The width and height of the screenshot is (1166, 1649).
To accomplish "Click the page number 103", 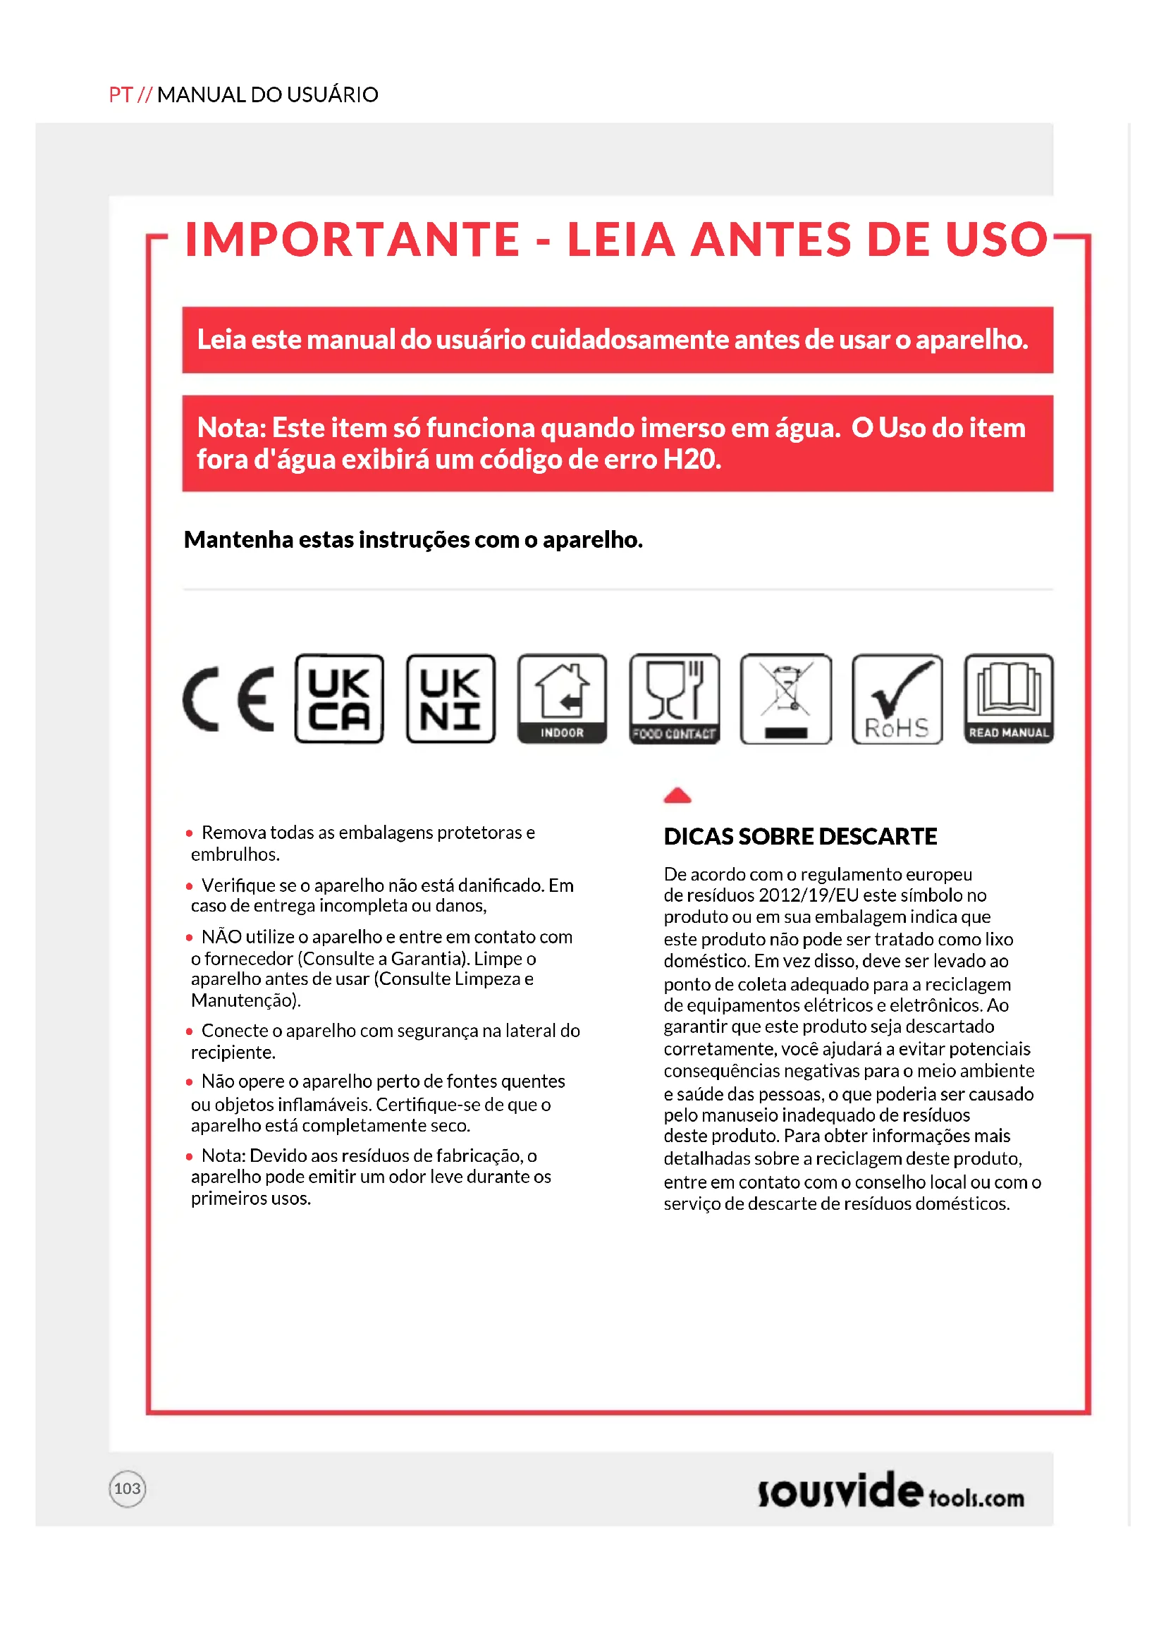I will click(127, 1488).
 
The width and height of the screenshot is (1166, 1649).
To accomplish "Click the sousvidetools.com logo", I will click(890, 1491).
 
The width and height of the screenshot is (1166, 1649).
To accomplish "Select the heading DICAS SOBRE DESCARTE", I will click(800, 836).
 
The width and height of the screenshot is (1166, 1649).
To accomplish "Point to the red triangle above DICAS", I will click(677, 795).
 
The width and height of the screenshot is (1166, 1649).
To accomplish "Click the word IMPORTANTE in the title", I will click(352, 239).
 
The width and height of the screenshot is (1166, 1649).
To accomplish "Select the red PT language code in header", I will click(121, 94).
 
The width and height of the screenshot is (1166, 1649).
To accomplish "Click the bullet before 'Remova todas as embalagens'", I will click(189, 833).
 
